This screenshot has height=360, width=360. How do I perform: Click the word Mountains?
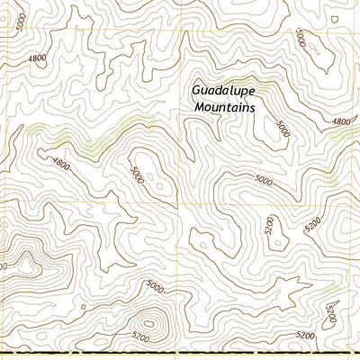(225, 107)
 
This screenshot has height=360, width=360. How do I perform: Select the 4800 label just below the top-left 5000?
(37, 58)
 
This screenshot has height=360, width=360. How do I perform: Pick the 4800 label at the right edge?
(342, 121)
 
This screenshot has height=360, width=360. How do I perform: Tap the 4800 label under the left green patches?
(60, 165)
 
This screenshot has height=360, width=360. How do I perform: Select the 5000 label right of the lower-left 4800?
(137, 172)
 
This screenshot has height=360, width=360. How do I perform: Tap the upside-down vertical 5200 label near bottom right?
(331, 316)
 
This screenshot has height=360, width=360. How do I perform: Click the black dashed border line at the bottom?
(180, 356)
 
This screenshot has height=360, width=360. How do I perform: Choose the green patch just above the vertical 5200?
(335, 288)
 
